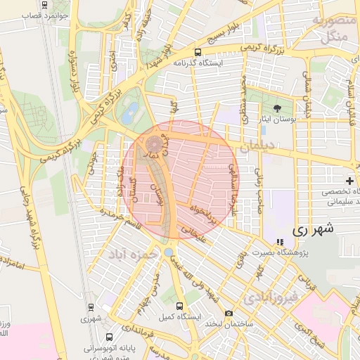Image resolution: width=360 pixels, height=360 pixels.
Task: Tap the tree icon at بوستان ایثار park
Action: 278,108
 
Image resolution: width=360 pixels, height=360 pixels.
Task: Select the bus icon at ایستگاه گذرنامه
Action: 198,52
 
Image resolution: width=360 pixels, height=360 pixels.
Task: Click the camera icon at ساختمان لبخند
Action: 229,314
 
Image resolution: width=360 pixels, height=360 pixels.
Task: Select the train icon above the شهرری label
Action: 90,307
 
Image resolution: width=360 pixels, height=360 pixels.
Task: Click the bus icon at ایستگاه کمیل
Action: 179,307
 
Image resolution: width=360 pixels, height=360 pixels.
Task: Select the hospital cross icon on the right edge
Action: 349,181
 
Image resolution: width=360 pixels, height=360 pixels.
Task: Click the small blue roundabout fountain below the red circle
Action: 169,252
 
